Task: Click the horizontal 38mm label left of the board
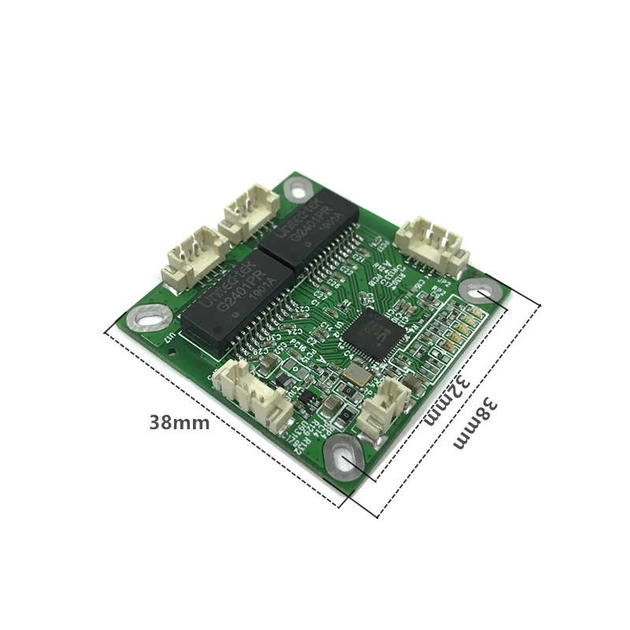coord(180,423)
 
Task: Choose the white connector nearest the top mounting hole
coord(250,210)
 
